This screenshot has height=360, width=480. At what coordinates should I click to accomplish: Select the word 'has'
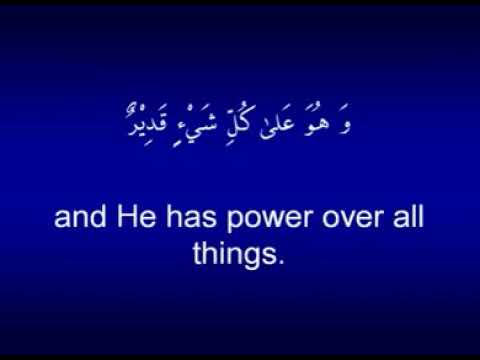(199, 217)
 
